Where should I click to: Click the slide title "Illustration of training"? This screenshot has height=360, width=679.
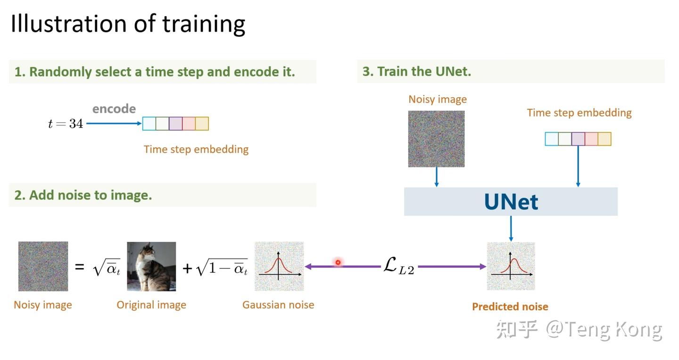(x=128, y=24)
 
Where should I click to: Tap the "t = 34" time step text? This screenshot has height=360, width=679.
(x=66, y=124)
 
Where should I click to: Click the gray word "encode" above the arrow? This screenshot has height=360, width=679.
(x=114, y=109)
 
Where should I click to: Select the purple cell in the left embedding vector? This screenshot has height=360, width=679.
(x=175, y=124)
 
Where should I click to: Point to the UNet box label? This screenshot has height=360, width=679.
(x=511, y=202)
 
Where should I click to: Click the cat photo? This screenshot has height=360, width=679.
(x=151, y=267)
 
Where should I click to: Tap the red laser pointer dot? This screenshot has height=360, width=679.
(x=338, y=262)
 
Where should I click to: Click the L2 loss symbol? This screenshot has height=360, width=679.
(x=398, y=267)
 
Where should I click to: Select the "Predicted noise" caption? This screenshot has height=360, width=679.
(x=510, y=307)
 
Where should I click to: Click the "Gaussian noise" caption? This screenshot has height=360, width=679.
(x=278, y=305)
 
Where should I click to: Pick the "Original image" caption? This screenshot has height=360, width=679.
(x=151, y=305)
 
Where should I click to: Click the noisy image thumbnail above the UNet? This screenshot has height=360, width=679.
(x=436, y=139)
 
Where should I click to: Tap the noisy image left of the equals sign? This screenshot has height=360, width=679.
(x=43, y=267)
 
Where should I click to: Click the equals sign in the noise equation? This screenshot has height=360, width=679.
(x=80, y=267)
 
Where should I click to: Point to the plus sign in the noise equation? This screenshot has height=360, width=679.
(x=188, y=268)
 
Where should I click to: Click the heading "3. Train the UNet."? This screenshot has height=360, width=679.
(x=417, y=72)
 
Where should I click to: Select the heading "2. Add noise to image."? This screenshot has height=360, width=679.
(x=83, y=195)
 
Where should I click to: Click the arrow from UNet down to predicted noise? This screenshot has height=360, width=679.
(x=511, y=229)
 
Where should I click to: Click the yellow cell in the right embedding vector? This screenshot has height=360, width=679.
(x=604, y=139)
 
